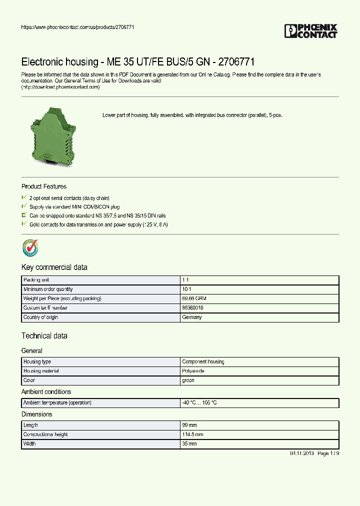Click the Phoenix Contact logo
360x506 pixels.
(311, 31)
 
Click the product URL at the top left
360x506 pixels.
(77, 27)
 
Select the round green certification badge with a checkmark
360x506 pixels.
(30, 247)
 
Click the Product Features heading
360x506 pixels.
(44, 186)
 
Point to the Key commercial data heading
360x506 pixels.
(54, 267)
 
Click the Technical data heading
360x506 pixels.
(44, 336)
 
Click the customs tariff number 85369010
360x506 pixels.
(192, 308)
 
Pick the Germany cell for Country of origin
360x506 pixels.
(192, 317)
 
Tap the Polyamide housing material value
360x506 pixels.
(193, 371)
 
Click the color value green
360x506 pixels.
(188, 380)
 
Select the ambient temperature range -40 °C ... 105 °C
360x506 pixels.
(199, 403)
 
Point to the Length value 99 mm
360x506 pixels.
(189, 425)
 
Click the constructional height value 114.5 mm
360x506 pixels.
(192, 434)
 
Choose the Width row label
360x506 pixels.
(30, 444)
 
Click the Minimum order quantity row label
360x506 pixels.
(48, 289)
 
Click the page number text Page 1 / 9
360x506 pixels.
(328, 453)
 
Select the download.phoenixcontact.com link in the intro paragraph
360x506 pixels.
(60, 87)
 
